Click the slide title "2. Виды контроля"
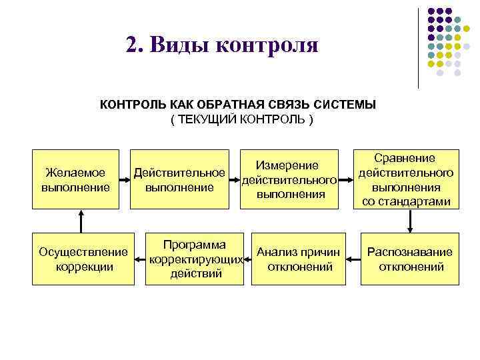click(x=222, y=45)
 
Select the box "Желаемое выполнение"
click(x=75, y=179)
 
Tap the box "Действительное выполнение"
click(x=179, y=179)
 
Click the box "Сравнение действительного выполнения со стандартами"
click(x=406, y=179)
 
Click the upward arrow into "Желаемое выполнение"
click(x=81, y=220)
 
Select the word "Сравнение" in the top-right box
click(x=405, y=158)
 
